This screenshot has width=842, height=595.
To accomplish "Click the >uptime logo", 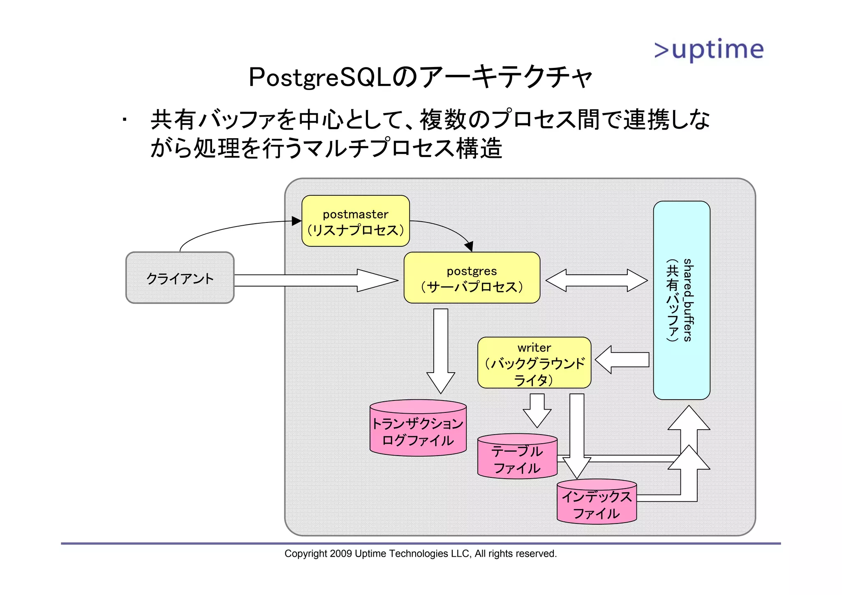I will point(709,50).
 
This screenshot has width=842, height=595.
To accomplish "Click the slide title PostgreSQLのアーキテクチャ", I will point(420,77).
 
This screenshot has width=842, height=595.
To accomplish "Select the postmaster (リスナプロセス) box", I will point(355,221).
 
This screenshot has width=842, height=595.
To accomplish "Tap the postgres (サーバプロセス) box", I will point(472,278).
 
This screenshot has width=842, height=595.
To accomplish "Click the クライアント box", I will point(180,278).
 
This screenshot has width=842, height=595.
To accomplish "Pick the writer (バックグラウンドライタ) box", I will point(534,363).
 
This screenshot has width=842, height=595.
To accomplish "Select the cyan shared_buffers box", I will point(681,300).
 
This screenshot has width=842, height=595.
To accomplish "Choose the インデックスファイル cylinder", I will point(596,503).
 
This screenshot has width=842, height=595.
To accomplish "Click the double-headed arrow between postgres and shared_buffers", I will point(596,280).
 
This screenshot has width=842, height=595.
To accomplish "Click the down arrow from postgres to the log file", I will point(440,350).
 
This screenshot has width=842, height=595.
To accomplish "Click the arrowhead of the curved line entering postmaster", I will point(296,221).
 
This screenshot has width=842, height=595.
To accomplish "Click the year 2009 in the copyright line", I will point(341,554).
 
